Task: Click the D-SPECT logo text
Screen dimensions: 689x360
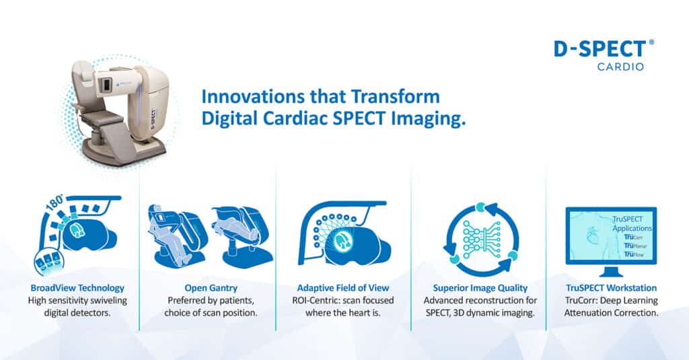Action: click(600, 49)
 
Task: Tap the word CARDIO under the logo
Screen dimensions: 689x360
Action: click(620, 67)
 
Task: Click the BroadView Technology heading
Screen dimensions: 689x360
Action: click(77, 288)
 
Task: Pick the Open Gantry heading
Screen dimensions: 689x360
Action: click(211, 288)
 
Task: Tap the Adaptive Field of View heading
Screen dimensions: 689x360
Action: click(342, 288)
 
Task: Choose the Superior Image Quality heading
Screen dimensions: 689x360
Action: click(480, 288)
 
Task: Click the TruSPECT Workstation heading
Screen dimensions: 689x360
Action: click(611, 288)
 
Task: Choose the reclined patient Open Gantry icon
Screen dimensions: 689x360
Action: click(242, 236)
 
